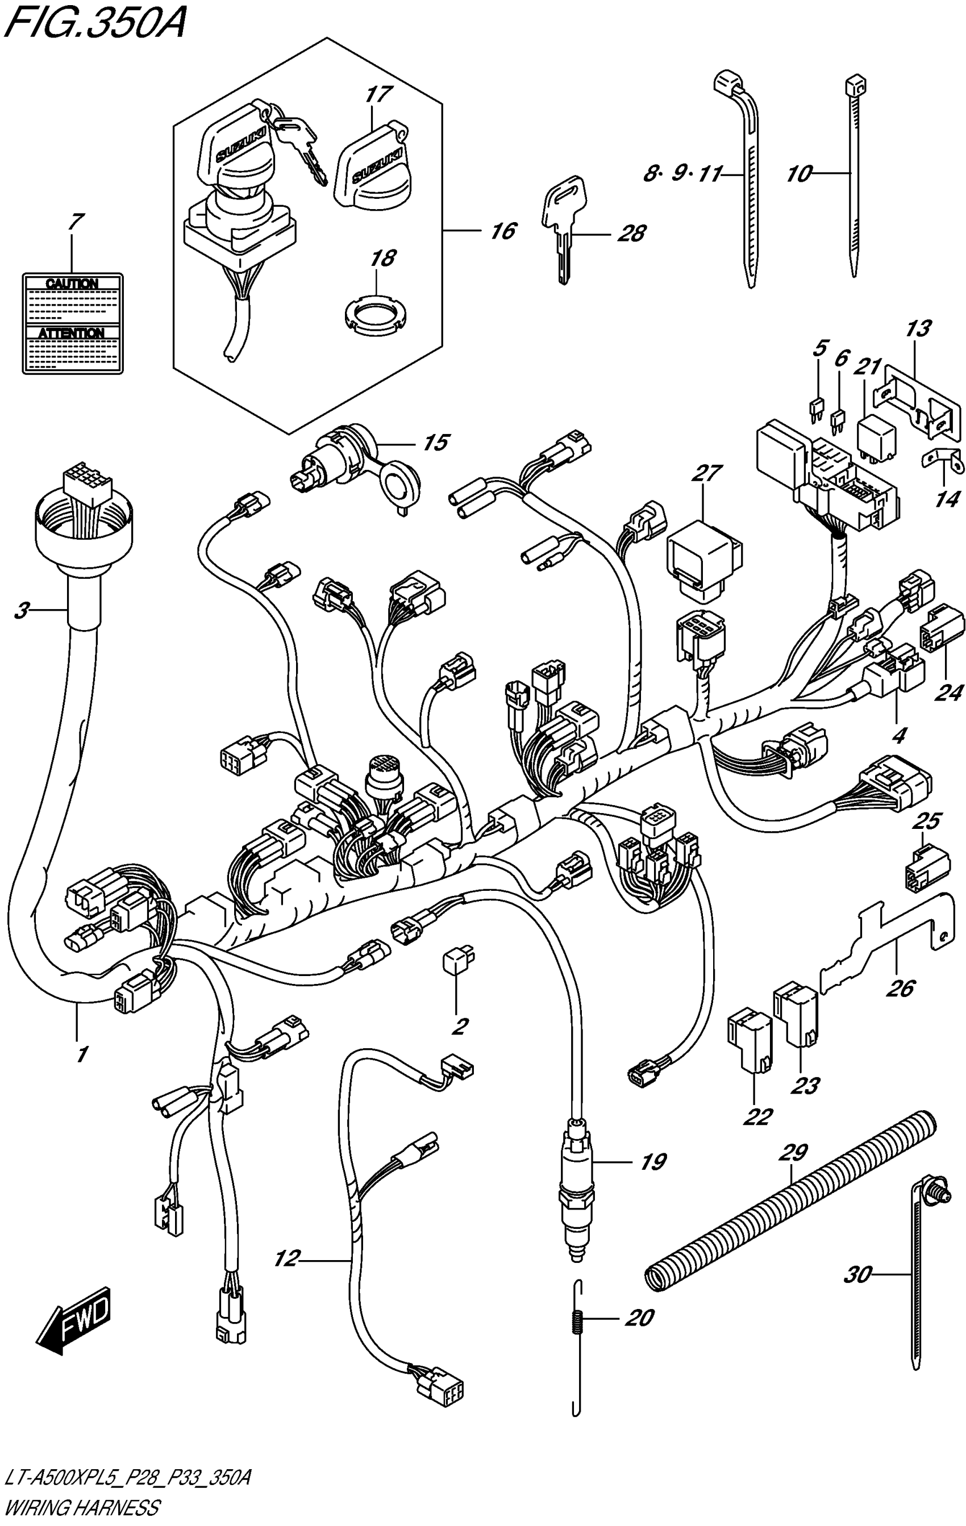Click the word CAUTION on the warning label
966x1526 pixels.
click(73, 283)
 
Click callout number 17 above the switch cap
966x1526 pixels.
click(378, 95)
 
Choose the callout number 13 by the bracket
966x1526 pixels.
click(918, 329)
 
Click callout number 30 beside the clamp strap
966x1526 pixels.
click(857, 1274)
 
